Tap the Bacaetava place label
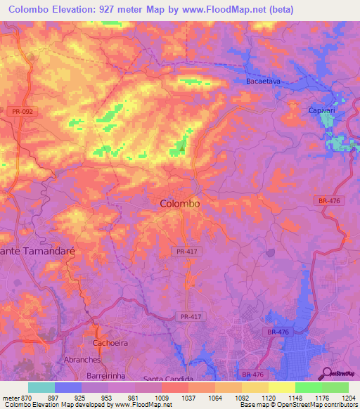click(x=262, y=82)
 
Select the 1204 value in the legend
click(x=348, y=398)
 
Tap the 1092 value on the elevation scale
click(x=241, y=398)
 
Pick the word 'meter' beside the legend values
click(x=10, y=398)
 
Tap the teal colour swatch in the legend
click(x=41, y=387)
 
